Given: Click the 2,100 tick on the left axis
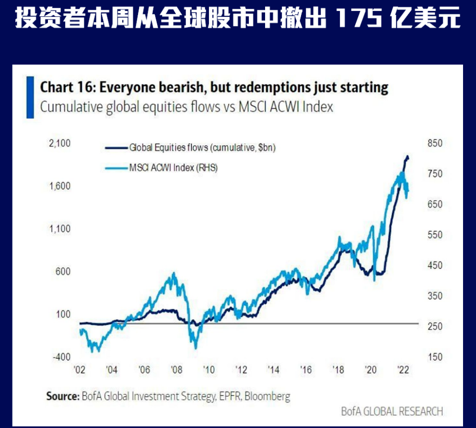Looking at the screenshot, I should pyautogui.click(x=60, y=143).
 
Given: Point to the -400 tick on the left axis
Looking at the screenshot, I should pyautogui.click(x=60, y=357).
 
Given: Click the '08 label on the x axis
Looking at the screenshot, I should pyautogui.click(x=176, y=370).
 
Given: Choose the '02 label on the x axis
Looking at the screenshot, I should pyautogui.click(x=79, y=370).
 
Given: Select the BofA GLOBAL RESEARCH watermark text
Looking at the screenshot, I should pyautogui.click(x=392, y=411).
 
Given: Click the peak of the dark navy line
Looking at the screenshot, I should pyautogui.click(x=407, y=157).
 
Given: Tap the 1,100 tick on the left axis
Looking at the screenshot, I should pyautogui.click(x=60, y=229).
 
